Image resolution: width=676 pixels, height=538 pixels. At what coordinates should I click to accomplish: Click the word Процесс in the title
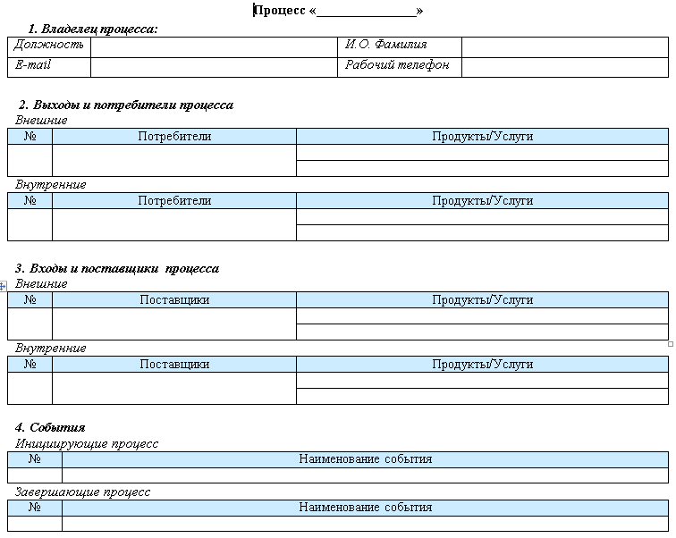point(280,11)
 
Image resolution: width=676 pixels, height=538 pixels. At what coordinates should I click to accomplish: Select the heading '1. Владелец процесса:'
point(93,29)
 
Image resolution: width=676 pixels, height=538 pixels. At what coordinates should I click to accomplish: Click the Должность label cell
point(49,45)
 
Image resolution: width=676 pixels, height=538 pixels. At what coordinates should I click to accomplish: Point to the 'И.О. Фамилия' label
point(386,45)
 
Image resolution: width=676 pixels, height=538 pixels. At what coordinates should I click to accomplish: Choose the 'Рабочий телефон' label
point(397,66)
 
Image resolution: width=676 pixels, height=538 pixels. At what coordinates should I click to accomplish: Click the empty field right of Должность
point(214,46)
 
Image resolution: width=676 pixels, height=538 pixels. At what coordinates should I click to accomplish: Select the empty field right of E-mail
point(214,67)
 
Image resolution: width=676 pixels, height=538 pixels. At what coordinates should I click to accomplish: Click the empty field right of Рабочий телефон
point(565,67)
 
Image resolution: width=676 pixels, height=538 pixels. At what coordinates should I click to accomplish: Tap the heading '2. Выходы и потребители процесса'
point(126,105)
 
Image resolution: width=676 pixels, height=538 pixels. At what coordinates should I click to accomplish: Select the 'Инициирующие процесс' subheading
point(87,443)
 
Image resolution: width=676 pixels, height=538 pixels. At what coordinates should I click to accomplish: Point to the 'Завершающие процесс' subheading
point(83,492)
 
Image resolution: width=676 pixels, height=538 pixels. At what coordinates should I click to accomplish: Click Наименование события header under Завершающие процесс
point(365,507)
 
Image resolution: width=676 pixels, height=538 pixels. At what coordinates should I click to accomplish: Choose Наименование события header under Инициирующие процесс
point(365,458)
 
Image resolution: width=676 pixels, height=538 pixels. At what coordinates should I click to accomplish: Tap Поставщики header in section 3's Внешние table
point(174,299)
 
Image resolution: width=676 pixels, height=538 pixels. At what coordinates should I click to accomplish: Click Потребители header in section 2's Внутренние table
point(174,200)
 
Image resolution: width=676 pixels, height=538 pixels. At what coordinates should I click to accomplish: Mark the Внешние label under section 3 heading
point(41,283)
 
